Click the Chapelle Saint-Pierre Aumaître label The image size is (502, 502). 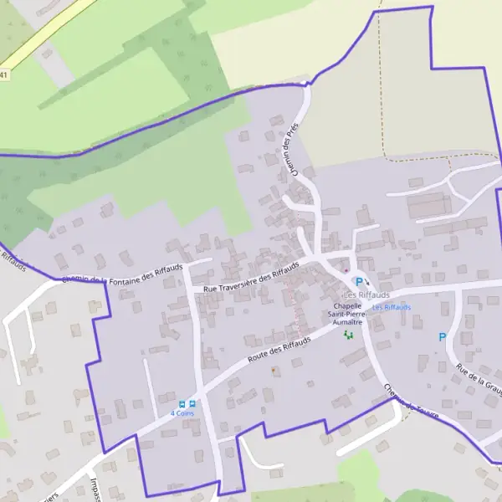347,314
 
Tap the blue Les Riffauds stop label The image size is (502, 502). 392,307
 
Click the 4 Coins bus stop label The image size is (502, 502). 183,412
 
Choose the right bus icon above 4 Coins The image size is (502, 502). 193,403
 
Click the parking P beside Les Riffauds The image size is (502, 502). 359,282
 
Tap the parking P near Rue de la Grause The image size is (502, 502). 443,337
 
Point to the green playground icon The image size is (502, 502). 348,335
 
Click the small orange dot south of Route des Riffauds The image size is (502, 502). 273,370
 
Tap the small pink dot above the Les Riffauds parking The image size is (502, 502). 346,271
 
